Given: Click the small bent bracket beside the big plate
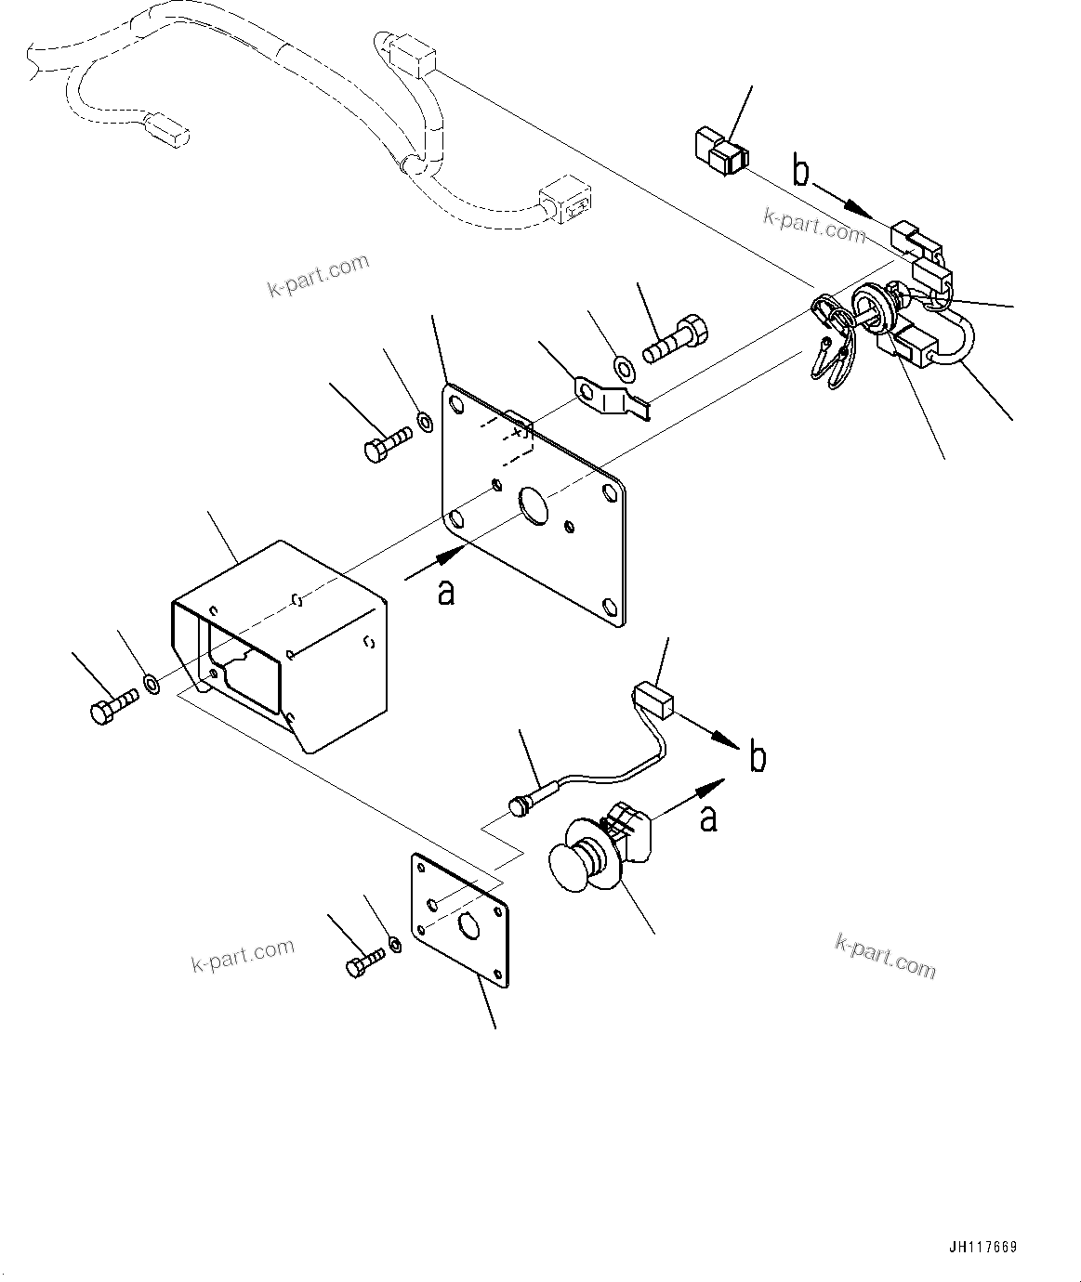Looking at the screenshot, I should [x=609, y=398].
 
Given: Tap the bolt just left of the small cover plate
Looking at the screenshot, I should [x=363, y=961].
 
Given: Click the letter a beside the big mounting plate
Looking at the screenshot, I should [x=447, y=591].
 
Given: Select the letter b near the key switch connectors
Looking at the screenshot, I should [x=801, y=172].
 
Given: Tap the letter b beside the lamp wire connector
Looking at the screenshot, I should [x=758, y=758].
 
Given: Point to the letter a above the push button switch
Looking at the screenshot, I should [x=708, y=818].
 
